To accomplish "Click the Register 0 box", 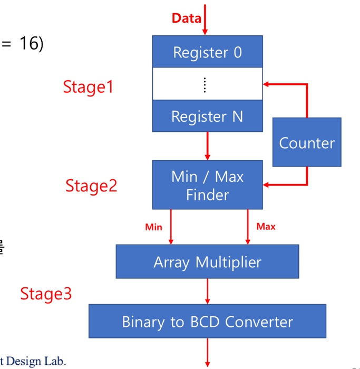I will [207, 52].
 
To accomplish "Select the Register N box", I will [207, 116].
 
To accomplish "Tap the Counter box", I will [306, 143].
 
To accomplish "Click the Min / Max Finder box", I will [207, 185].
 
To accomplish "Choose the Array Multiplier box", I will [207, 261].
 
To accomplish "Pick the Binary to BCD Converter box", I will [207, 321].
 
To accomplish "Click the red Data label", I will [186, 18].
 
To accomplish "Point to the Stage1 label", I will [88, 86].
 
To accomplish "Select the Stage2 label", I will [91, 186].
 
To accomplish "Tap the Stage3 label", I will [46, 293].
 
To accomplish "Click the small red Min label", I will [153, 227].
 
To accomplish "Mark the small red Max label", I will [266, 227].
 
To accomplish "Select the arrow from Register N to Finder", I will [207, 146].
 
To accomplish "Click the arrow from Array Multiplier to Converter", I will [207, 291].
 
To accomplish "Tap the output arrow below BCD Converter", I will [207, 352].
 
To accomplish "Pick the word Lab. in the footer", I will [57, 361].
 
